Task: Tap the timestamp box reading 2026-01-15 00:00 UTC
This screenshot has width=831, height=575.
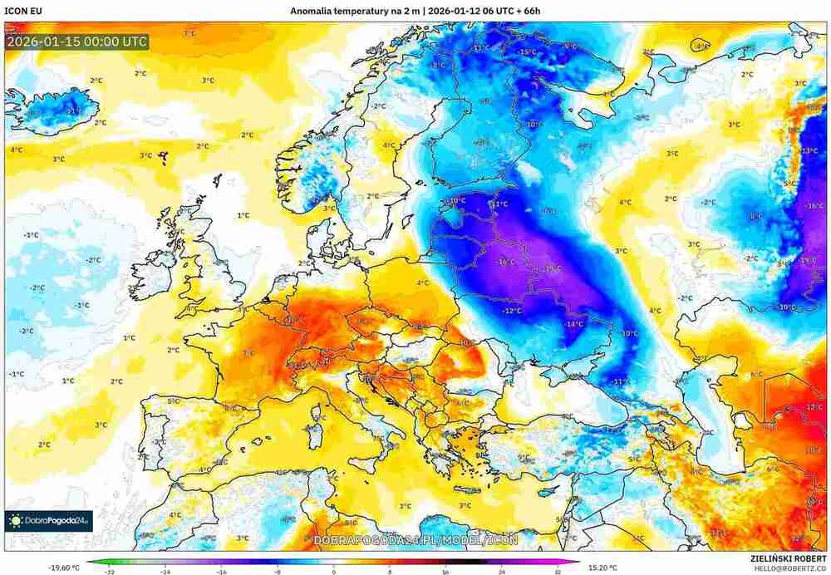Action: tap(76, 41)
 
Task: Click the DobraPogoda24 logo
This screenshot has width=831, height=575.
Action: tap(48, 521)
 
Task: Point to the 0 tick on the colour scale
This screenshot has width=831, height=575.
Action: tap(333, 572)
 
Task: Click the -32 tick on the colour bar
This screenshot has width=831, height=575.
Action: tap(109, 572)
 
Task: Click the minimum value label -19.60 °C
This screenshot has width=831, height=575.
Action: tap(65, 568)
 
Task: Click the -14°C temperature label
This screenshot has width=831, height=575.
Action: tap(573, 323)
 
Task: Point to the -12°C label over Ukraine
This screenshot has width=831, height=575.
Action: tap(512, 310)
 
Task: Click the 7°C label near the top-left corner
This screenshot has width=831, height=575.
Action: tap(189, 33)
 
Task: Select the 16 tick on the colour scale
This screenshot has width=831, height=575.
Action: tap(445, 572)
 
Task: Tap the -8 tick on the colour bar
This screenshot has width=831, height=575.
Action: tap(277, 572)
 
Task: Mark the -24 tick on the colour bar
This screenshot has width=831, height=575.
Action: tap(165, 572)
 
